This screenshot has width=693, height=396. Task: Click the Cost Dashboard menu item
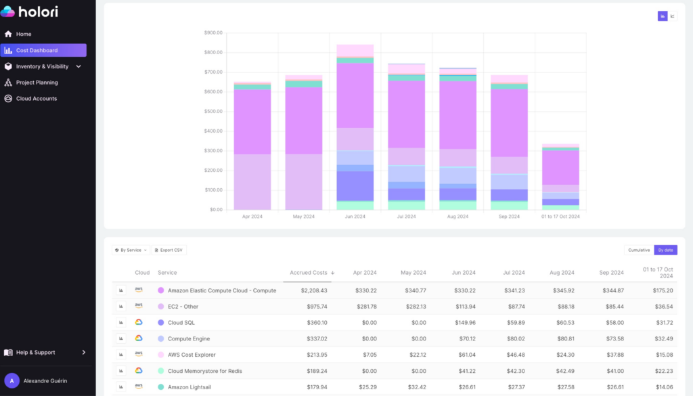pos(37,50)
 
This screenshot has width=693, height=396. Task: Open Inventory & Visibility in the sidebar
pos(42,66)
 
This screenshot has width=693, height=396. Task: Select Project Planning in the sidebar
pos(37,83)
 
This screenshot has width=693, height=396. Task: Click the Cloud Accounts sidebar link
pos(36,99)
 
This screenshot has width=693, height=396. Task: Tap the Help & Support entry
pos(35,353)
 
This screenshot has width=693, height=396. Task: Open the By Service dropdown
pos(131,250)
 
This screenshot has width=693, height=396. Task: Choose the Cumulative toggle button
pos(639,250)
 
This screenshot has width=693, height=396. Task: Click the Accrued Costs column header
pos(309,273)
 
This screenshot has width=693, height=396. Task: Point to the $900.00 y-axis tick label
pos(213,32)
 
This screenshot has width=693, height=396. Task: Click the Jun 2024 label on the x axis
pos(355,217)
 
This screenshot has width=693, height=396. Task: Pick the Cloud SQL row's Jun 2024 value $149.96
pos(462,323)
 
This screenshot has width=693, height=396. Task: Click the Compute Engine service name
pos(189,338)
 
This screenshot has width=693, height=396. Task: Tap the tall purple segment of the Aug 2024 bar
pos(457,115)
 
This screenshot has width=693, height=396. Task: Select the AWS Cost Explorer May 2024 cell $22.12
pos(413,355)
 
